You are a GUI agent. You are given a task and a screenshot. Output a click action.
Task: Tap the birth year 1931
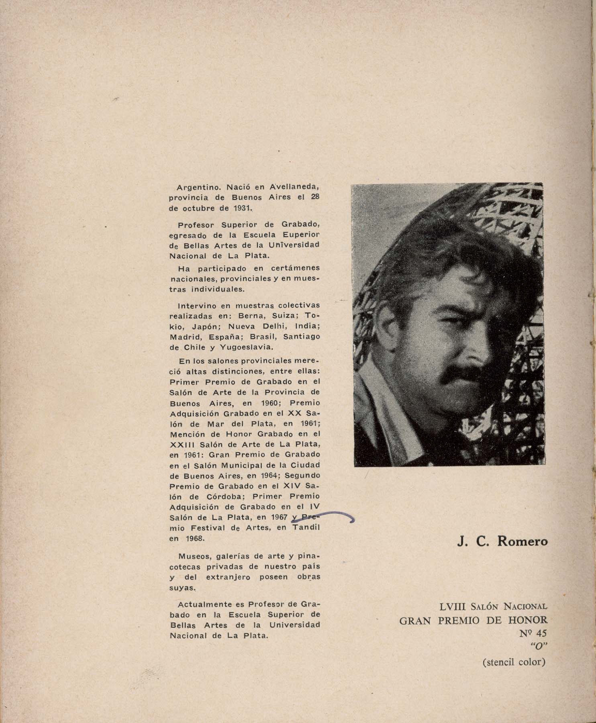[241, 208]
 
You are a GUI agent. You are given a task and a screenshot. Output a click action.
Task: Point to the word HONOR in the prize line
[527, 621]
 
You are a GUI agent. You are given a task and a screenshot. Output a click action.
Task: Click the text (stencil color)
[514, 662]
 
